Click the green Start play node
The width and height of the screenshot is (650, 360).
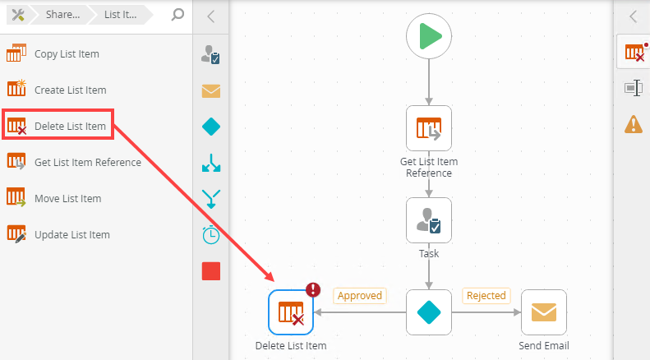pyautogui.click(x=429, y=37)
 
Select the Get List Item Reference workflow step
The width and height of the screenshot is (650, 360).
pyautogui.click(x=429, y=129)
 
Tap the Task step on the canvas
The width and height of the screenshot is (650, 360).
pyautogui.click(x=429, y=220)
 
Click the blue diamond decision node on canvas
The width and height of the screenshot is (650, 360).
pyautogui.click(x=429, y=312)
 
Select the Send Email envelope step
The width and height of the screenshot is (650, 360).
pyautogui.click(x=543, y=312)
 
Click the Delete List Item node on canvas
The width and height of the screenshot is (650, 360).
pyautogui.click(x=291, y=312)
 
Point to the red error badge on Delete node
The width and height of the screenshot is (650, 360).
pyautogui.click(x=313, y=289)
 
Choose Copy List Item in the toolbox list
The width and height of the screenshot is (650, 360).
pyautogui.click(x=67, y=54)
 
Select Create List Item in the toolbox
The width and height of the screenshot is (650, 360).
pyautogui.click(x=70, y=90)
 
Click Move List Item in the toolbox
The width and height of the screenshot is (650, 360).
pyautogui.click(x=67, y=199)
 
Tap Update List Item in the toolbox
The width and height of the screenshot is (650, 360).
pyautogui.click(x=71, y=235)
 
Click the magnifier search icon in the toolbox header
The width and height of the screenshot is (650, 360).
pyautogui.click(x=177, y=15)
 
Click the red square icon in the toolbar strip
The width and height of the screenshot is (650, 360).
pyautogui.click(x=211, y=271)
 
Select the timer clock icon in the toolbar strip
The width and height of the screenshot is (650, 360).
pyautogui.click(x=211, y=234)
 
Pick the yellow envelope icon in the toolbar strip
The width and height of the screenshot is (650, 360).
pyautogui.click(x=211, y=90)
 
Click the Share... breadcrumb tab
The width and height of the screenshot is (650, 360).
pyautogui.click(x=62, y=15)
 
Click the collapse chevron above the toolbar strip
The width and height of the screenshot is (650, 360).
pyautogui.click(x=211, y=16)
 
